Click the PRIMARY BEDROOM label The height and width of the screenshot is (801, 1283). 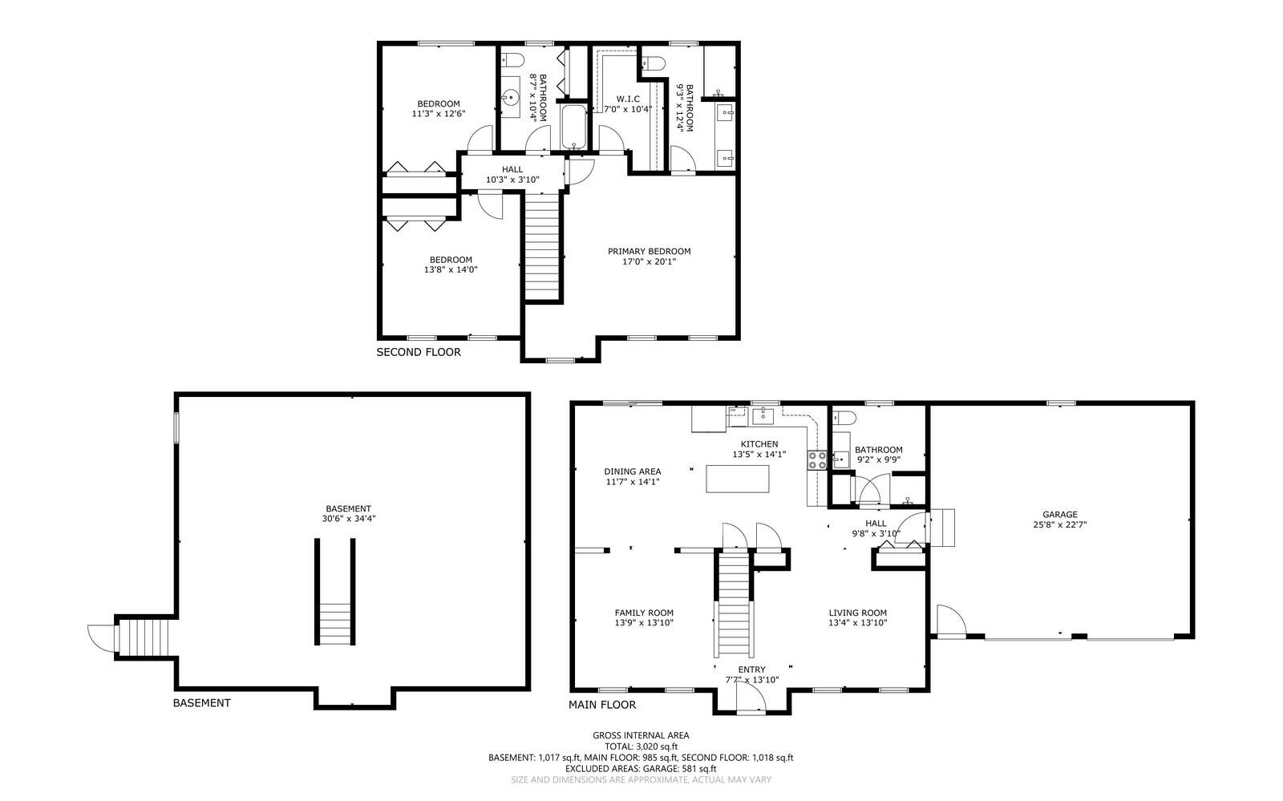pyautogui.click(x=649, y=251)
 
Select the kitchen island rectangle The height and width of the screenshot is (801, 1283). pyautogui.click(x=738, y=479)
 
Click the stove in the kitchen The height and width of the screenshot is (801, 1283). pyautogui.click(x=817, y=460)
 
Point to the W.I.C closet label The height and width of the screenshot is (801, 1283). pyautogui.click(x=627, y=99)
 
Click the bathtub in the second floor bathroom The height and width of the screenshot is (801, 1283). pyautogui.click(x=573, y=126)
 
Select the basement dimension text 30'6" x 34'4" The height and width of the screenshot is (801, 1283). pyautogui.click(x=348, y=519)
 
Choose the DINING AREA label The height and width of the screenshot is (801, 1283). pyautogui.click(x=632, y=471)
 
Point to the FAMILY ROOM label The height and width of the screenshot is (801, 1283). pyautogui.click(x=644, y=613)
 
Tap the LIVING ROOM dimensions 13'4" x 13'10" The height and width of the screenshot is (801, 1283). pyautogui.click(x=857, y=623)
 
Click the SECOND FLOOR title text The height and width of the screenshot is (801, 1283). pyautogui.click(x=419, y=352)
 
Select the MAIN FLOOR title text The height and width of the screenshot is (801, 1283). pyautogui.click(x=602, y=705)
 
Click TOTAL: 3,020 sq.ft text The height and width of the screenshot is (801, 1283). pyautogui.click(x=640, y=746)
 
